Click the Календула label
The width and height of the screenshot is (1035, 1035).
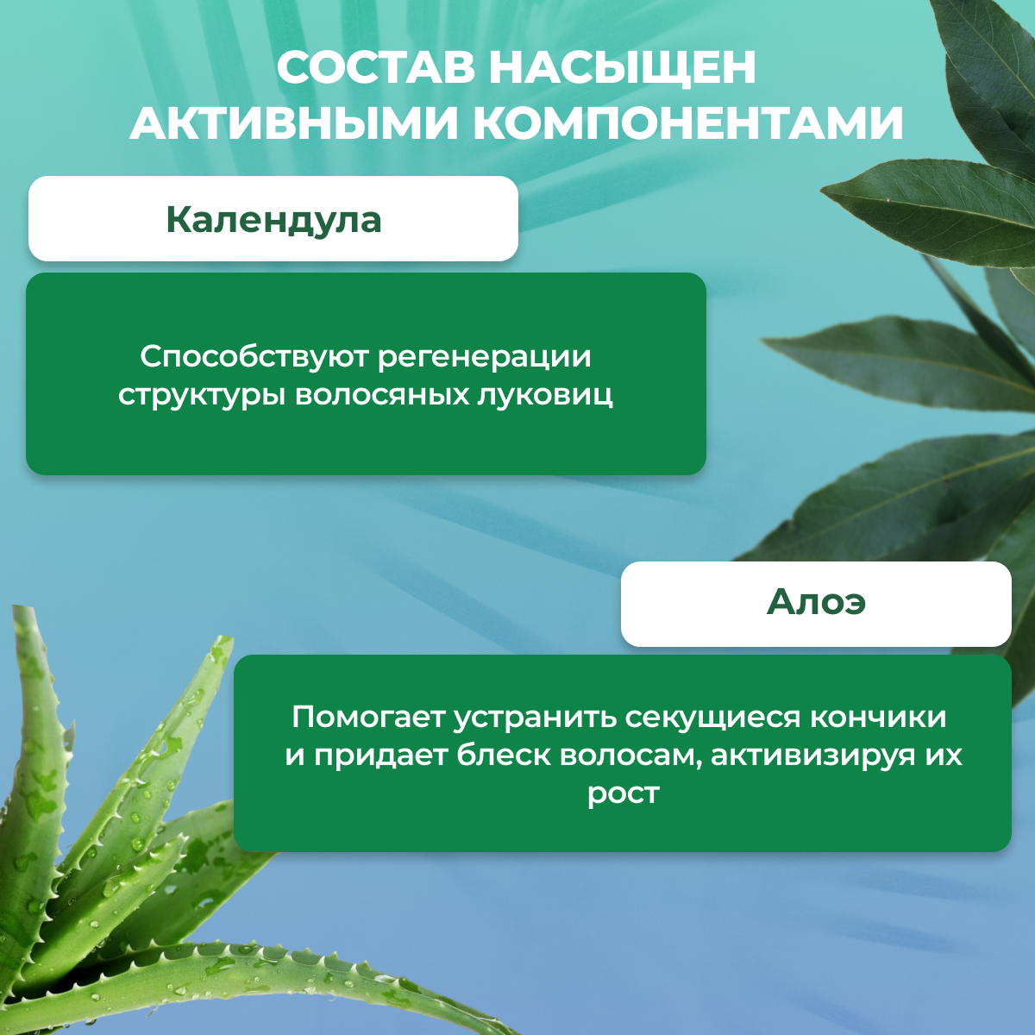[274, 220]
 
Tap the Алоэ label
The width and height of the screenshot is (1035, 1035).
[816, 602]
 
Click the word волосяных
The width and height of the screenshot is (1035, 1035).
[382, 397]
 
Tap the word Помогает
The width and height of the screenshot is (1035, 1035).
[368, 717]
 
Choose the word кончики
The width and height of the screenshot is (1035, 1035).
[878, 718]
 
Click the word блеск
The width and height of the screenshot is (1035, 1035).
[504, 756]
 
